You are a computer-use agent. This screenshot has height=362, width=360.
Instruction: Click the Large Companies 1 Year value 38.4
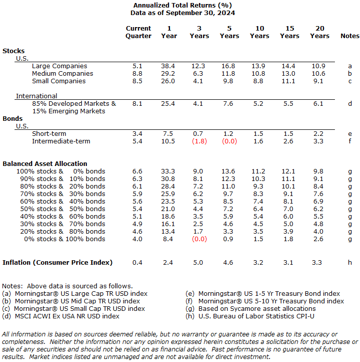tap(168, 66)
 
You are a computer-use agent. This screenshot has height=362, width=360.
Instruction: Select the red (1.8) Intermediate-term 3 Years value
tap(199, 141)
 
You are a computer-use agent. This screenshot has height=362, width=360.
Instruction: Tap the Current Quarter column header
tap(138, 32)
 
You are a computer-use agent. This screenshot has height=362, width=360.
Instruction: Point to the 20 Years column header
tap(319, 32)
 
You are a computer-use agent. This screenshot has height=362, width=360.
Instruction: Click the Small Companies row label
tap(59, 81)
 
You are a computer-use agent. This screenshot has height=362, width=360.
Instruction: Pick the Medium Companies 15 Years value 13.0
tap(288, 73)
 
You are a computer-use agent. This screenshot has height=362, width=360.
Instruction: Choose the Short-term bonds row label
tap(49, 134)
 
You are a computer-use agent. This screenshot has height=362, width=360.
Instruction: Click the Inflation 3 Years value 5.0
tap(198, 263)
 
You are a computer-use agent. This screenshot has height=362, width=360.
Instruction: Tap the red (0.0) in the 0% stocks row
tap(199, 239)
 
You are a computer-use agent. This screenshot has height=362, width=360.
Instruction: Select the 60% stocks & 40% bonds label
tap(63, 202)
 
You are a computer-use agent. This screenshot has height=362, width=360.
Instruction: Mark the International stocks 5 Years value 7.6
tap(228, 104)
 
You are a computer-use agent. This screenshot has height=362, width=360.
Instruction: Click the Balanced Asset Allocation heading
tap(45, 163)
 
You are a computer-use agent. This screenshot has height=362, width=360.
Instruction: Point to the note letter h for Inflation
tap(350, 263)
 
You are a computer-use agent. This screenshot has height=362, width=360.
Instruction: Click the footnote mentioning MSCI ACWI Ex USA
tap(61, 316)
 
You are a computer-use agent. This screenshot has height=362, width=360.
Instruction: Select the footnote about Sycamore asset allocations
tap(251, 309)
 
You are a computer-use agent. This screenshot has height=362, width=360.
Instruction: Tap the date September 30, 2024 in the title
tap(200, 13)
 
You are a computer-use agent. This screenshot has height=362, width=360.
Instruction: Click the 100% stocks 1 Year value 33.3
tap(168, 171)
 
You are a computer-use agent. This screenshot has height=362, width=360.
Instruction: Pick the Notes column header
tap(350, 36)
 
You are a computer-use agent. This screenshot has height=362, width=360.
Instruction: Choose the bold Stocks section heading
tap(14, 51)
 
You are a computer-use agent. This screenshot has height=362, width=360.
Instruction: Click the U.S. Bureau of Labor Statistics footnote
tap(250, 316)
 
